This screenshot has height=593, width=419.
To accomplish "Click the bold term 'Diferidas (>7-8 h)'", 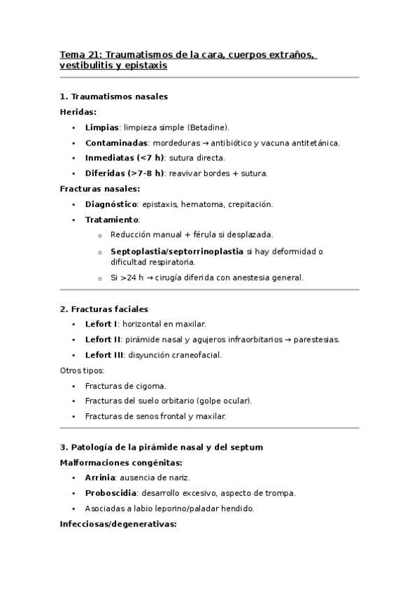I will click(125, 173).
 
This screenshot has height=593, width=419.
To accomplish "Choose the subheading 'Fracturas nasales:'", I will click(100, 189).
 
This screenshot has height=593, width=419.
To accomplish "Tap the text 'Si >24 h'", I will click(123, 277).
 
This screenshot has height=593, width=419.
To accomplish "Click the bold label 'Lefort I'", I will click(101, 324).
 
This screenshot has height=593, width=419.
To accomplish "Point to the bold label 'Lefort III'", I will click(104, 355).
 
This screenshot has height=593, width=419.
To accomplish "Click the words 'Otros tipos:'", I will click(83, 370).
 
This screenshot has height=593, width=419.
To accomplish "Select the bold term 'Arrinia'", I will click(99, 477).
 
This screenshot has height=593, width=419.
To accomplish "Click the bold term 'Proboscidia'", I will click(109, 492).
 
